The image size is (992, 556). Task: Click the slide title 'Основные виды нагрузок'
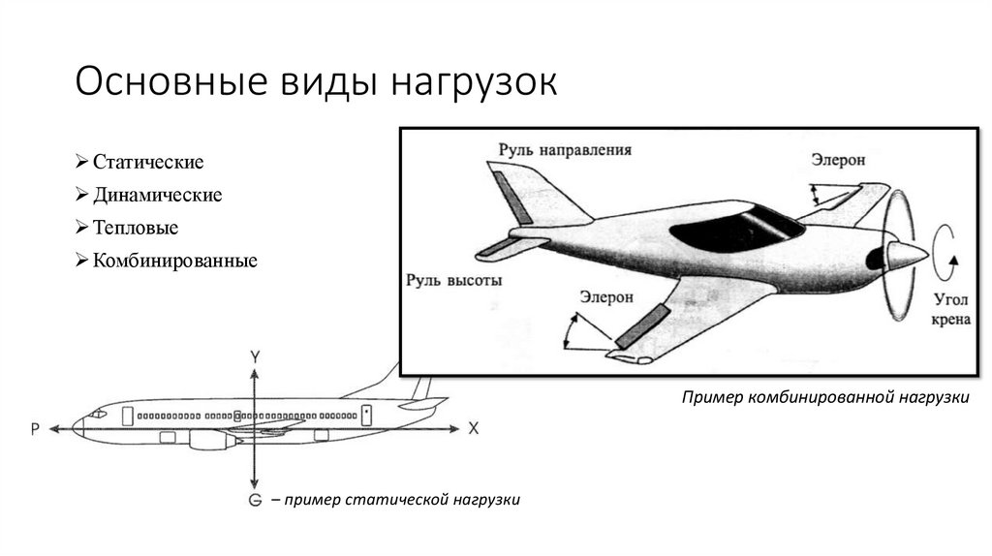coord(316,82)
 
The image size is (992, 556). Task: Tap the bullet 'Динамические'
coord(158,195)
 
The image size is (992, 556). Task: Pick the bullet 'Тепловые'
coord(136,228)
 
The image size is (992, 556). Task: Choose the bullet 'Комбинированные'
coord(174,261)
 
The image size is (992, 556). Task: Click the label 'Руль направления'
coord(565,150)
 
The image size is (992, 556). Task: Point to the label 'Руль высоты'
coord(453,281)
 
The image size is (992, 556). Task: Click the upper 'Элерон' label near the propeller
coord(838,160)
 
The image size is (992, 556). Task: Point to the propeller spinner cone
coord(906,256)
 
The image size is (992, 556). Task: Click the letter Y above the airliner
coord(254,357)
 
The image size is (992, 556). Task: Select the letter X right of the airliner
coord(474,427)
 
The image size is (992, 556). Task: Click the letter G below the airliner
coord(255,500)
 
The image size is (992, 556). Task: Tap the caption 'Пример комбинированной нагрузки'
coord(825,398)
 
